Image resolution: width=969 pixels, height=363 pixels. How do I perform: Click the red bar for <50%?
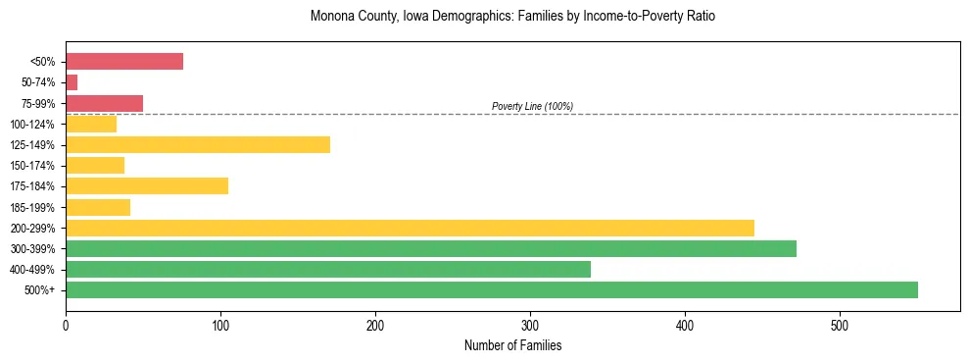(124, 61)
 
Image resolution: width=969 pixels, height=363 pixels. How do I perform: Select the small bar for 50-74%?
(72, 82)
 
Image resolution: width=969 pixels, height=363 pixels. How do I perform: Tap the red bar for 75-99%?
(104, 103)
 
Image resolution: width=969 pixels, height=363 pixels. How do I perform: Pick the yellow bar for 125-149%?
(198, 144)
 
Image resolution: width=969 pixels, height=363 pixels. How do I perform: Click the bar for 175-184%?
(147, 185)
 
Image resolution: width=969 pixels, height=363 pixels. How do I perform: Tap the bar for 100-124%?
(91, 124)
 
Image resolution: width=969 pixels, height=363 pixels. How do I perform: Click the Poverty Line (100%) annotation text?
(532, 106)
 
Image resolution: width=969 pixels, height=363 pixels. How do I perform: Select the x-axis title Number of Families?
(512, 345)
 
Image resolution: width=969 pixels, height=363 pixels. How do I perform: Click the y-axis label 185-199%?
(32, 207)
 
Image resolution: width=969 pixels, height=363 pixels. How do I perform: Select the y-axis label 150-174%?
(32, 166)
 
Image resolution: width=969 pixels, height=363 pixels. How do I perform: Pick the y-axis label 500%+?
(39, 290)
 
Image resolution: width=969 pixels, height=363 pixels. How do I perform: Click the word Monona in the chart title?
(332, 17)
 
